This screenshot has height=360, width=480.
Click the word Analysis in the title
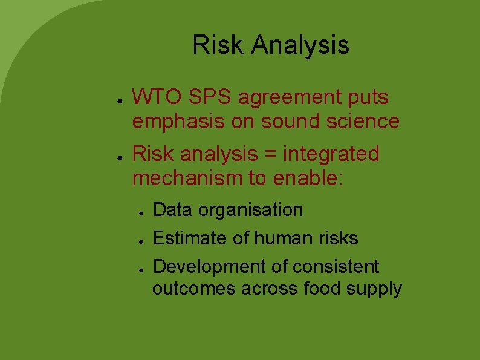300,45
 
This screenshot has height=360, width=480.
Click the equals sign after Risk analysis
268,155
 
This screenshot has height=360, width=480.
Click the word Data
173,210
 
